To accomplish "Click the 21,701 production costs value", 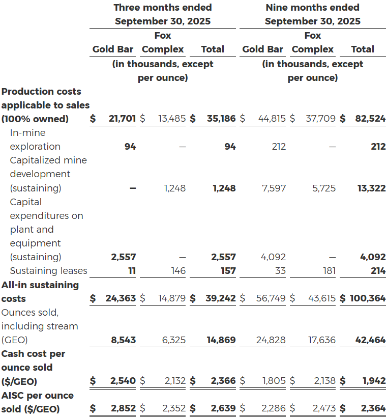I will coord(122,119).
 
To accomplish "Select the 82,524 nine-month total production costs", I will coord(370,119).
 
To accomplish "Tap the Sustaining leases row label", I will coord(48,271).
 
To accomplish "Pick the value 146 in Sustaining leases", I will coord(178,271).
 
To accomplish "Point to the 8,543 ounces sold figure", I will coord(124,340).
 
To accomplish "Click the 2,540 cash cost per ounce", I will coord(123,381).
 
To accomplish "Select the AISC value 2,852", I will coord(123,408).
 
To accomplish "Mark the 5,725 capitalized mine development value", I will coord(323,188).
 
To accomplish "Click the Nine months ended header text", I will coord(312,8).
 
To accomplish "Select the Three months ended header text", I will coord(163,8).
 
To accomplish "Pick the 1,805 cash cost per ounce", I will coord(273,381).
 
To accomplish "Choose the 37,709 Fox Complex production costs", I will coord(320,119).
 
